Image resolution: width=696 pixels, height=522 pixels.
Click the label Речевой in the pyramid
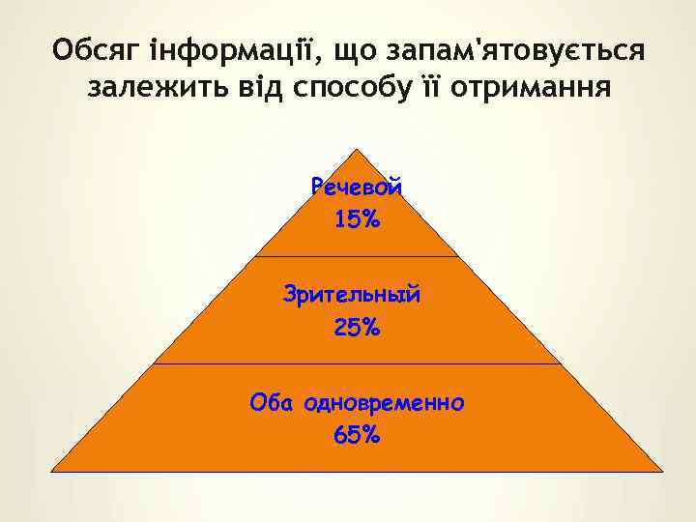coord(357,188)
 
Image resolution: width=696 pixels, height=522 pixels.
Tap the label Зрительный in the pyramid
coord(352,294)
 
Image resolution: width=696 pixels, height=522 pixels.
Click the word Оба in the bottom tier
coord(272,401)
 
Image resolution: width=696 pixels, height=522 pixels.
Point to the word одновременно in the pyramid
coord(384,401)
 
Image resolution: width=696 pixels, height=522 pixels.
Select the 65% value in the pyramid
coord(357,435)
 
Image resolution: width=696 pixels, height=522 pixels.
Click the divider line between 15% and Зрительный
coord(357,256)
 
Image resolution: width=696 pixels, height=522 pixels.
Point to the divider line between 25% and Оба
coord(357,364)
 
